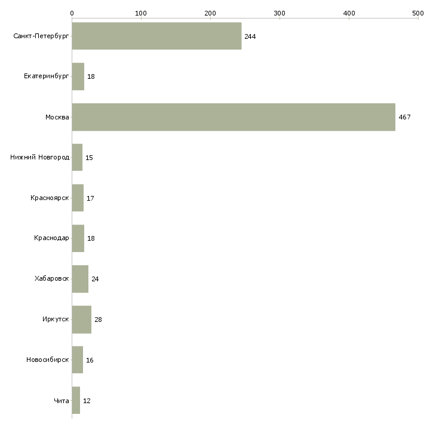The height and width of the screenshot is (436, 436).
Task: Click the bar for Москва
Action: tap(234, 117)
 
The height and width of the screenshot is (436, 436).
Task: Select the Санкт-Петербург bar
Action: tap(156, 36)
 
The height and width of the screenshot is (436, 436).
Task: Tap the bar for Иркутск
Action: tap(81, 320)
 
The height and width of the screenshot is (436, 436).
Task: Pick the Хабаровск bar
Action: tap(80, 279)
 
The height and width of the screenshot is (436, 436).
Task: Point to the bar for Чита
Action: tap(76, 401)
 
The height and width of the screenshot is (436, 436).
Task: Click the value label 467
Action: tap(404, 117)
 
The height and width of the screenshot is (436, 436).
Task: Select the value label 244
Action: tap(250, 36)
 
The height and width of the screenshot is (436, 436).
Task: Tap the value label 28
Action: tap(98, 320)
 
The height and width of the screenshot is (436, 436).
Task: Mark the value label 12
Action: tap(87, 401)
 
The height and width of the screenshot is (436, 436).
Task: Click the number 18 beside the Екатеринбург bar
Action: tap(91, 77)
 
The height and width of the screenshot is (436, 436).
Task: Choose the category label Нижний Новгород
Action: tap(39, 158)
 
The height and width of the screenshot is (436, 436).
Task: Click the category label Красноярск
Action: tap(50, 198)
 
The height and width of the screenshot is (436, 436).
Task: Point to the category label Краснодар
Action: tap(51, 238)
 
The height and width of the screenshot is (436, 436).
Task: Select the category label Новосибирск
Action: tap(47, 360)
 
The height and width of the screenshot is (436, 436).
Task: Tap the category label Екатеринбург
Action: tap(46, 77)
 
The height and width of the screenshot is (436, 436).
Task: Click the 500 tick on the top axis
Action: tap(417, 13)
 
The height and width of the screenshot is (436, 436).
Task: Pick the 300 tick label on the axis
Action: tap(280, 13)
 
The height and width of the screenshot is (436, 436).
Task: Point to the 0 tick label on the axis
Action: tap(72, 13)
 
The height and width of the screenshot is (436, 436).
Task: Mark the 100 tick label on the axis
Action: tap(141, 13)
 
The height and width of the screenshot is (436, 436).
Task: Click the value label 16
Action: tap(90, 360)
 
